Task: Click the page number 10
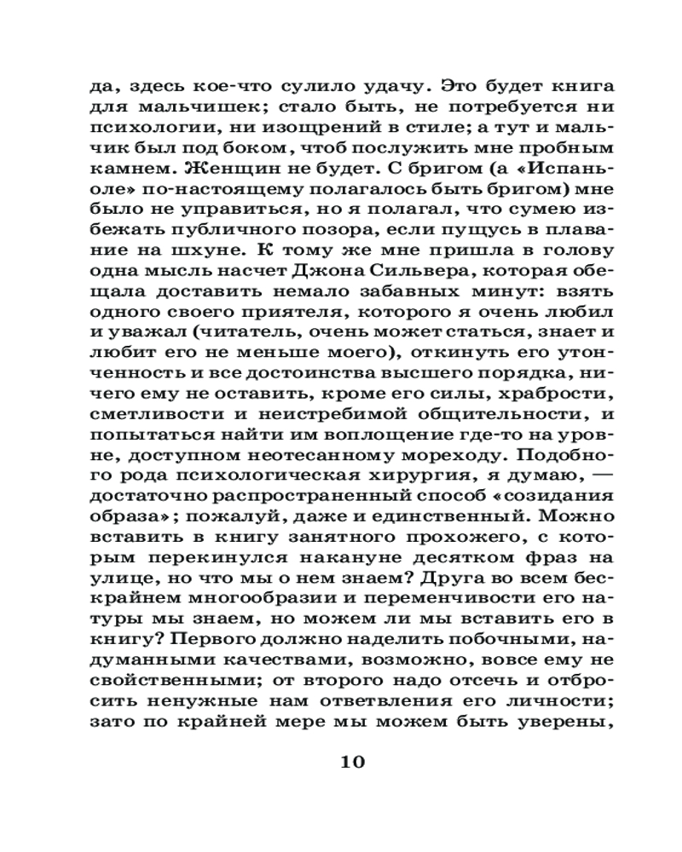pyautogui.click(x=352, y=761)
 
